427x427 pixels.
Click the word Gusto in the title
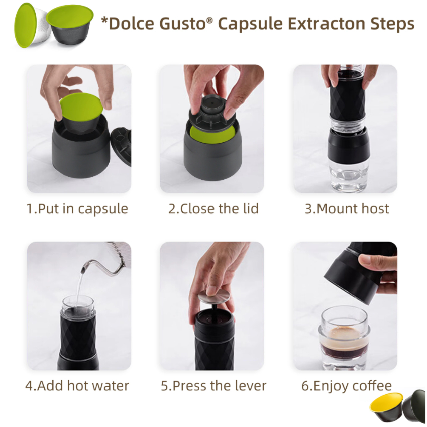point(185,24)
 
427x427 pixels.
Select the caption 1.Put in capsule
point(77,209)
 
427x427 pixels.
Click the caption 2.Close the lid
point(213,209)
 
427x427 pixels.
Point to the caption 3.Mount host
point(347,209)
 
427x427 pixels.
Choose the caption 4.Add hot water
point(77,386)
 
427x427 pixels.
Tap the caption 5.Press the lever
point(213,386)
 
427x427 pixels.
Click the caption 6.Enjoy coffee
point(347,386)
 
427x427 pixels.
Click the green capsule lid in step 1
point(81,106)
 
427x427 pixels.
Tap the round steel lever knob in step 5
point(214,296)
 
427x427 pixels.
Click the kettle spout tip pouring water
point(83,270)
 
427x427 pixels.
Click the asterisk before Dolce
point(104,20)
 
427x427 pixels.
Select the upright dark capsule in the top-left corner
point(70,25)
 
